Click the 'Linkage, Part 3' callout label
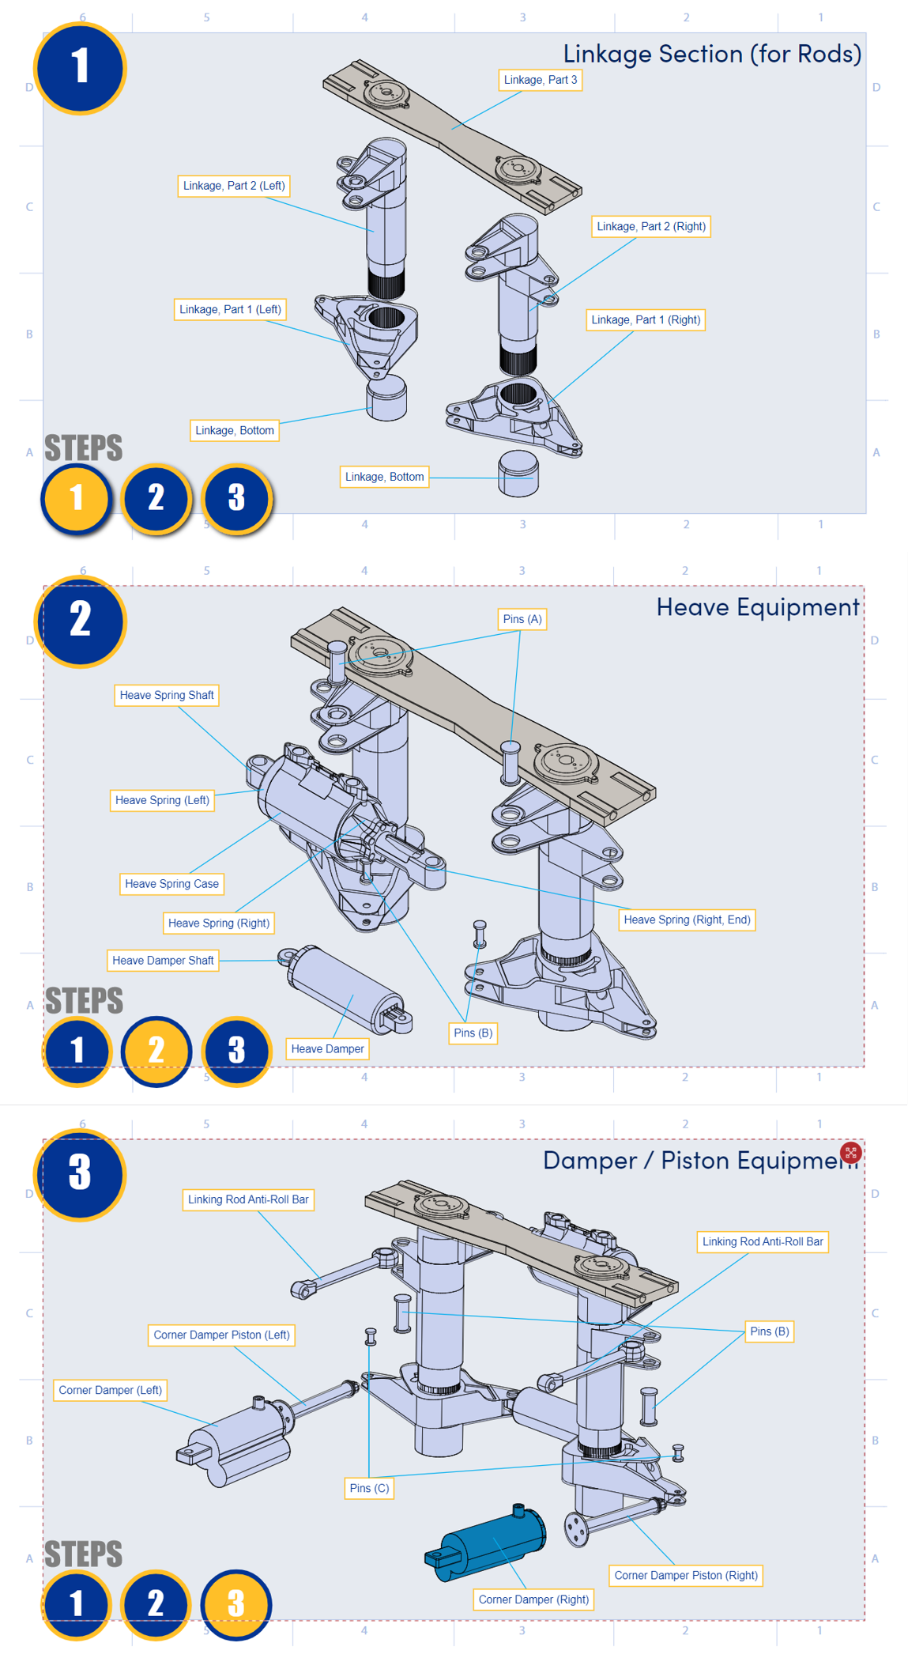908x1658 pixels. click(x=541, y=80)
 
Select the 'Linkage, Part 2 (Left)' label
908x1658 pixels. click(x=234, y=186)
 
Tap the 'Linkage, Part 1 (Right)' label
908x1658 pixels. click(x=646, y=320)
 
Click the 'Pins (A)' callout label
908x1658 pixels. click(x=522, y=619)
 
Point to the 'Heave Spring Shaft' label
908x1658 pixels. click(x=167, y=696)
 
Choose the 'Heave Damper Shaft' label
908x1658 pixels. click(x=163, y=961)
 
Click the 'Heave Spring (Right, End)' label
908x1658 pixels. click(x=687, y=920)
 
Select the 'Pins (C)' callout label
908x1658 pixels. click(x=369, y=1488)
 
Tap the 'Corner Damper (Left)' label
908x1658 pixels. click(x=111, y=1390)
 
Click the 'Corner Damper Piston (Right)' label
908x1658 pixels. click(x=686, y=1575)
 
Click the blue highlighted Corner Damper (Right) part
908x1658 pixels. click(x=490, y=1542)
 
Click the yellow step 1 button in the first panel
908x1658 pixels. click(x=76, y=498)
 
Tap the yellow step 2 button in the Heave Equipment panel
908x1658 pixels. click(x=156, y=1051)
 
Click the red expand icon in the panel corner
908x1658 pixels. click(x=850, y=1152)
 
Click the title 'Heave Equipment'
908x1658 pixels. click(x=757, y=606)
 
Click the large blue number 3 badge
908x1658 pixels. click(x=80, y=1174)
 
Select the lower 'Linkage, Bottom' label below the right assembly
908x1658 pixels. click(x=385, y=477)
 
